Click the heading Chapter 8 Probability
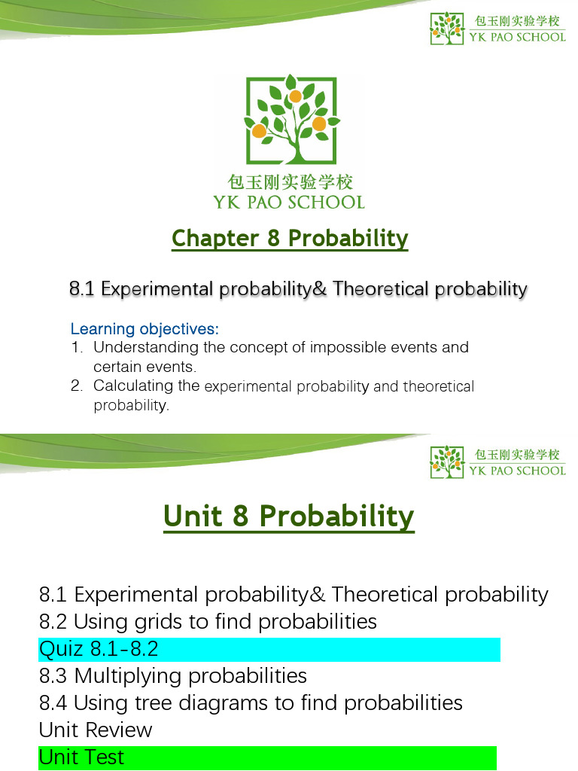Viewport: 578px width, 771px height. click(x=290, y=238)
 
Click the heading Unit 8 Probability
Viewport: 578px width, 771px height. click(x=289, y=517)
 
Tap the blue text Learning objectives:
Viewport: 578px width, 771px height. click(x=144, y=329)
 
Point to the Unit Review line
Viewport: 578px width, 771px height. click(x=96, y=730)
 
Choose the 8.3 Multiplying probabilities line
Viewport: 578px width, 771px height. click(x=173, y=675)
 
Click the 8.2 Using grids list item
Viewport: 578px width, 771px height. click(x=208, y=621)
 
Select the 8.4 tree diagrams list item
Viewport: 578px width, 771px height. click(x=251, y=702)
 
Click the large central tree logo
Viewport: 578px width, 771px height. click(x=290, y=120)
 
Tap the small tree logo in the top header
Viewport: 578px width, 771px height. click(x=446, y=28)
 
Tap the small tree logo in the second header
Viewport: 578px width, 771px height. click(x=446, y=462)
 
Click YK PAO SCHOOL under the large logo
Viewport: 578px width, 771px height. click(x=289, y=202)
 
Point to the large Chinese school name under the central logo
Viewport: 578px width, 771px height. click(x=290, y=182)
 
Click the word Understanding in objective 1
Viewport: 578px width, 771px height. click(x=138, y=348)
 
